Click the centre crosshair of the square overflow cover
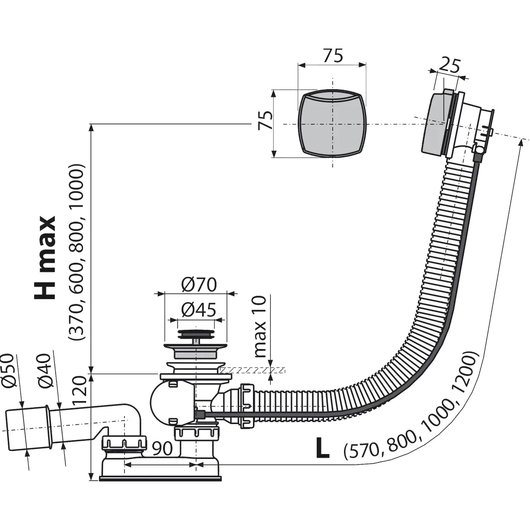point(332,124)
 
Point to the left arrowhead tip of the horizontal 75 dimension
point(298,65)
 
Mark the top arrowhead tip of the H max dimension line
point(91,124)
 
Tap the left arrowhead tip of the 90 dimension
point(124,465)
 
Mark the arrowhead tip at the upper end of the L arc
point(521,139)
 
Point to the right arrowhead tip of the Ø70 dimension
point(227,294)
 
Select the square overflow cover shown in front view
point(332,123)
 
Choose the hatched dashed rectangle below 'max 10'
point(252,370)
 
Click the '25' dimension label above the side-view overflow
point(449,65)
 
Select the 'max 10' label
point(261,326)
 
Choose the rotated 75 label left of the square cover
point(266,120)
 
